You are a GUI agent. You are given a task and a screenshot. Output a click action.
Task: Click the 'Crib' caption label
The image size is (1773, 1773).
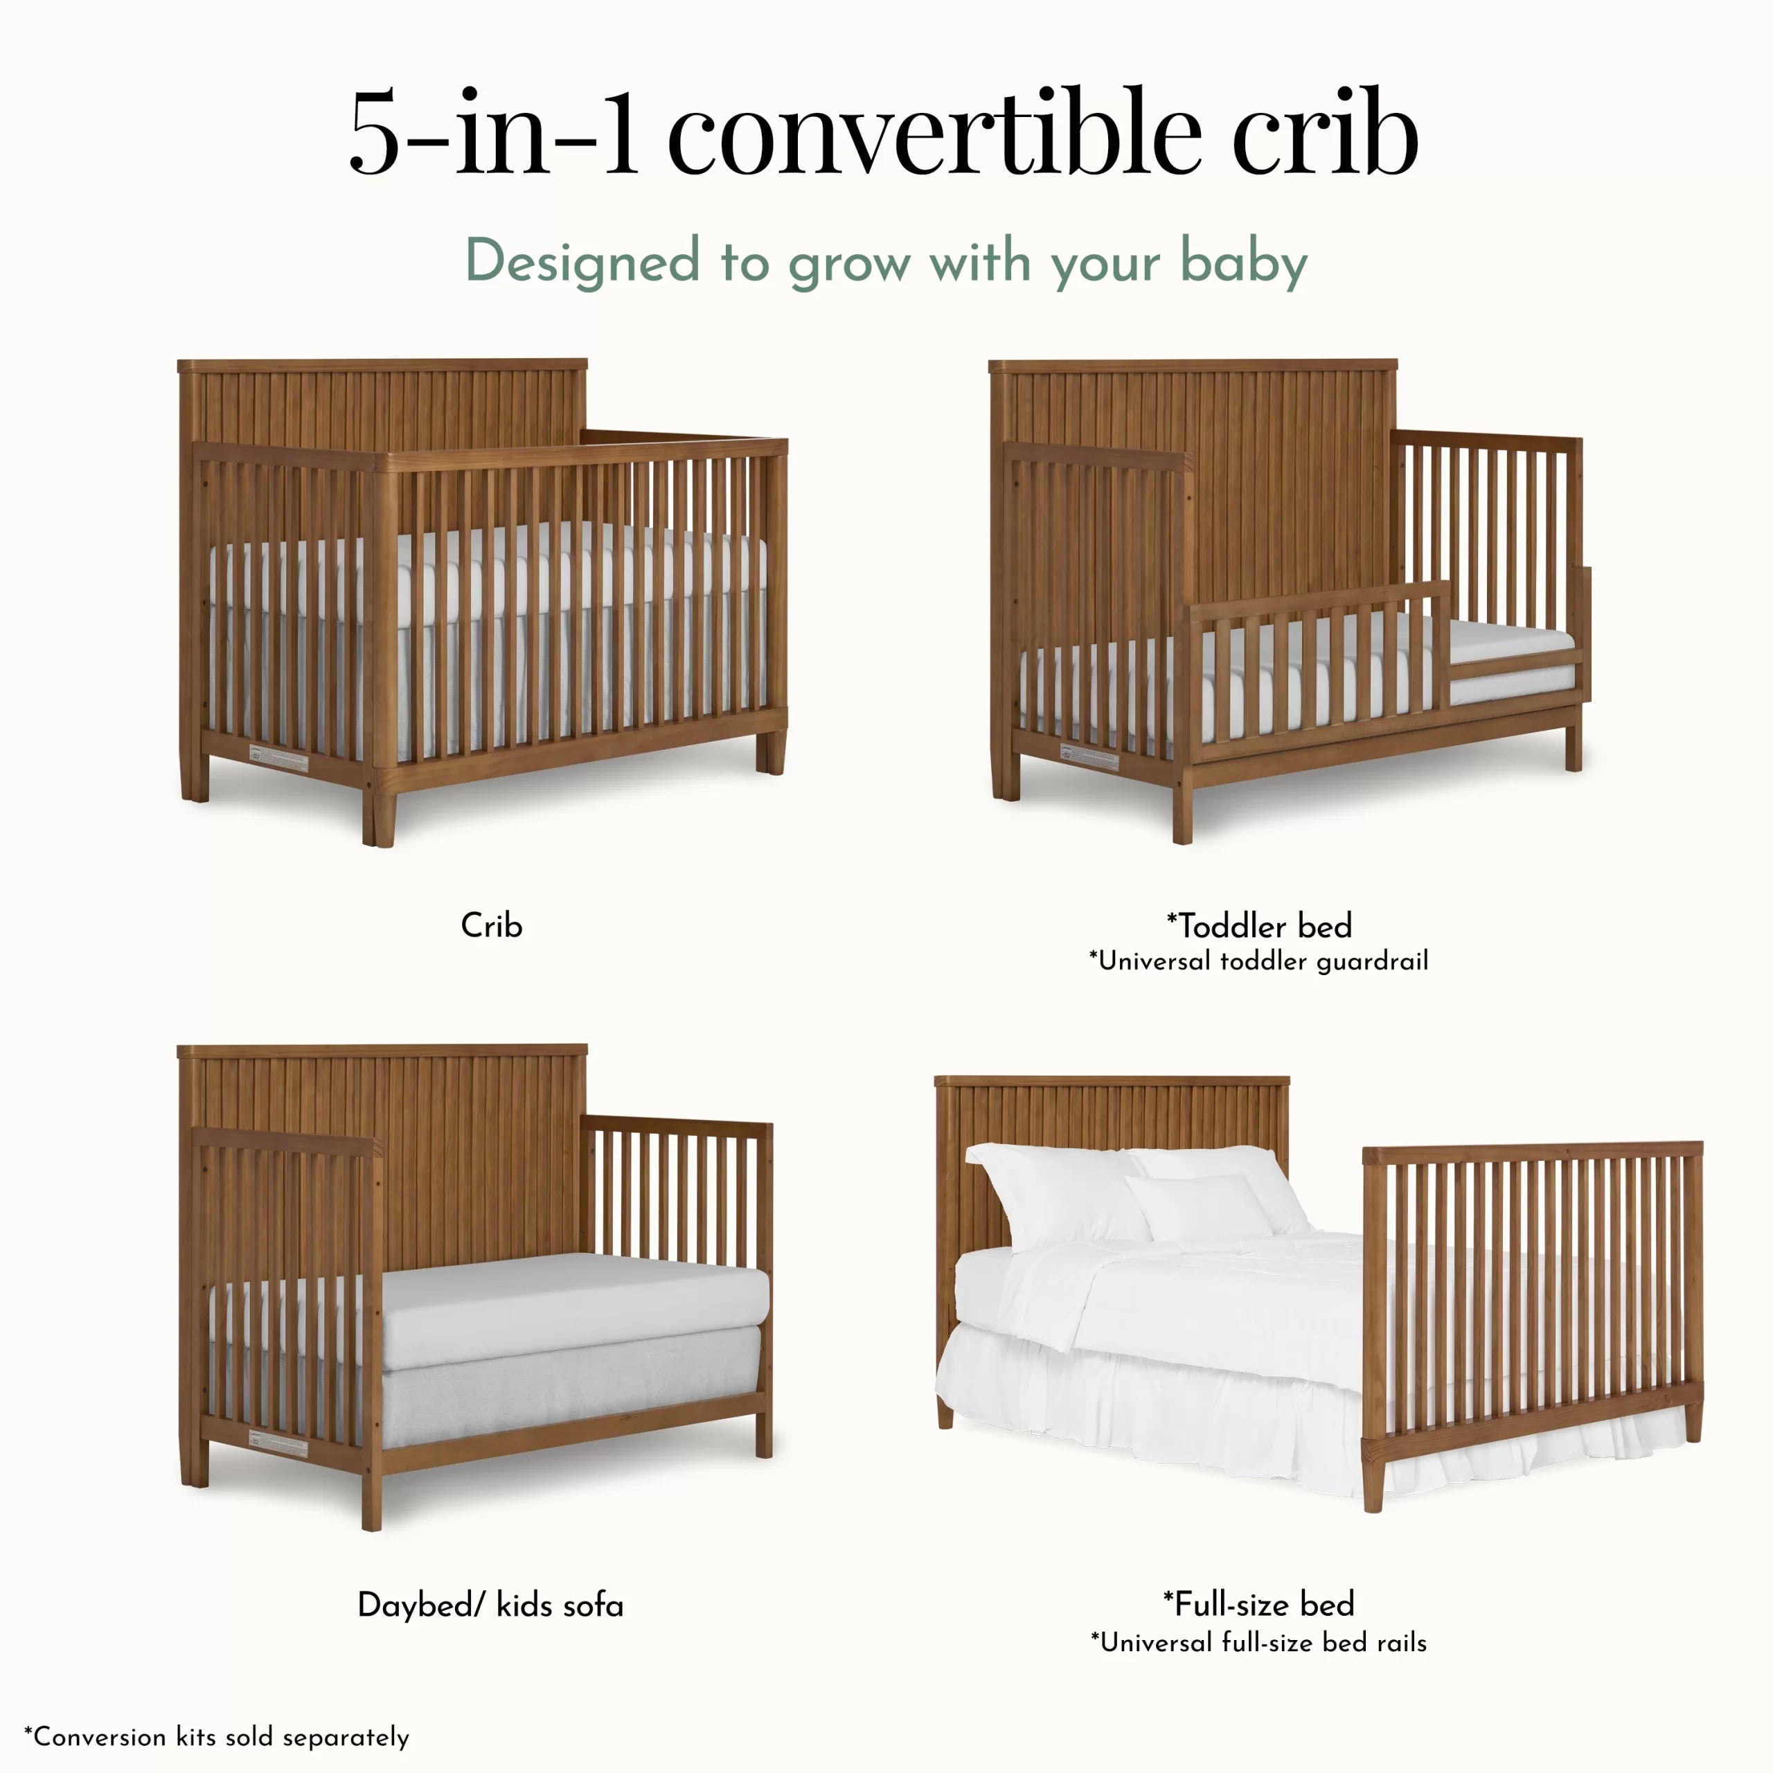click(x=491, y=925)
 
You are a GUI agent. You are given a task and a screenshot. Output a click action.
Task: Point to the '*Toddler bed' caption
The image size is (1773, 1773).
click(x=1258, y=925)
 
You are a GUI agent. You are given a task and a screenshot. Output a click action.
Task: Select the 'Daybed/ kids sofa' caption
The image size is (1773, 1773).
click(x=490, y=1605)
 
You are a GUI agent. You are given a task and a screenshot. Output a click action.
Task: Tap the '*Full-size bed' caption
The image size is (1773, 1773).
click(x=1258, y=1604)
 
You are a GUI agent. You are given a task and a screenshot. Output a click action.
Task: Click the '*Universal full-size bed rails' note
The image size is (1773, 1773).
click(x=1258, y=1642)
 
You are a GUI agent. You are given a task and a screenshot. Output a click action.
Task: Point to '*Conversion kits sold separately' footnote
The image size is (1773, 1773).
click(x=217, y=1737)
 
